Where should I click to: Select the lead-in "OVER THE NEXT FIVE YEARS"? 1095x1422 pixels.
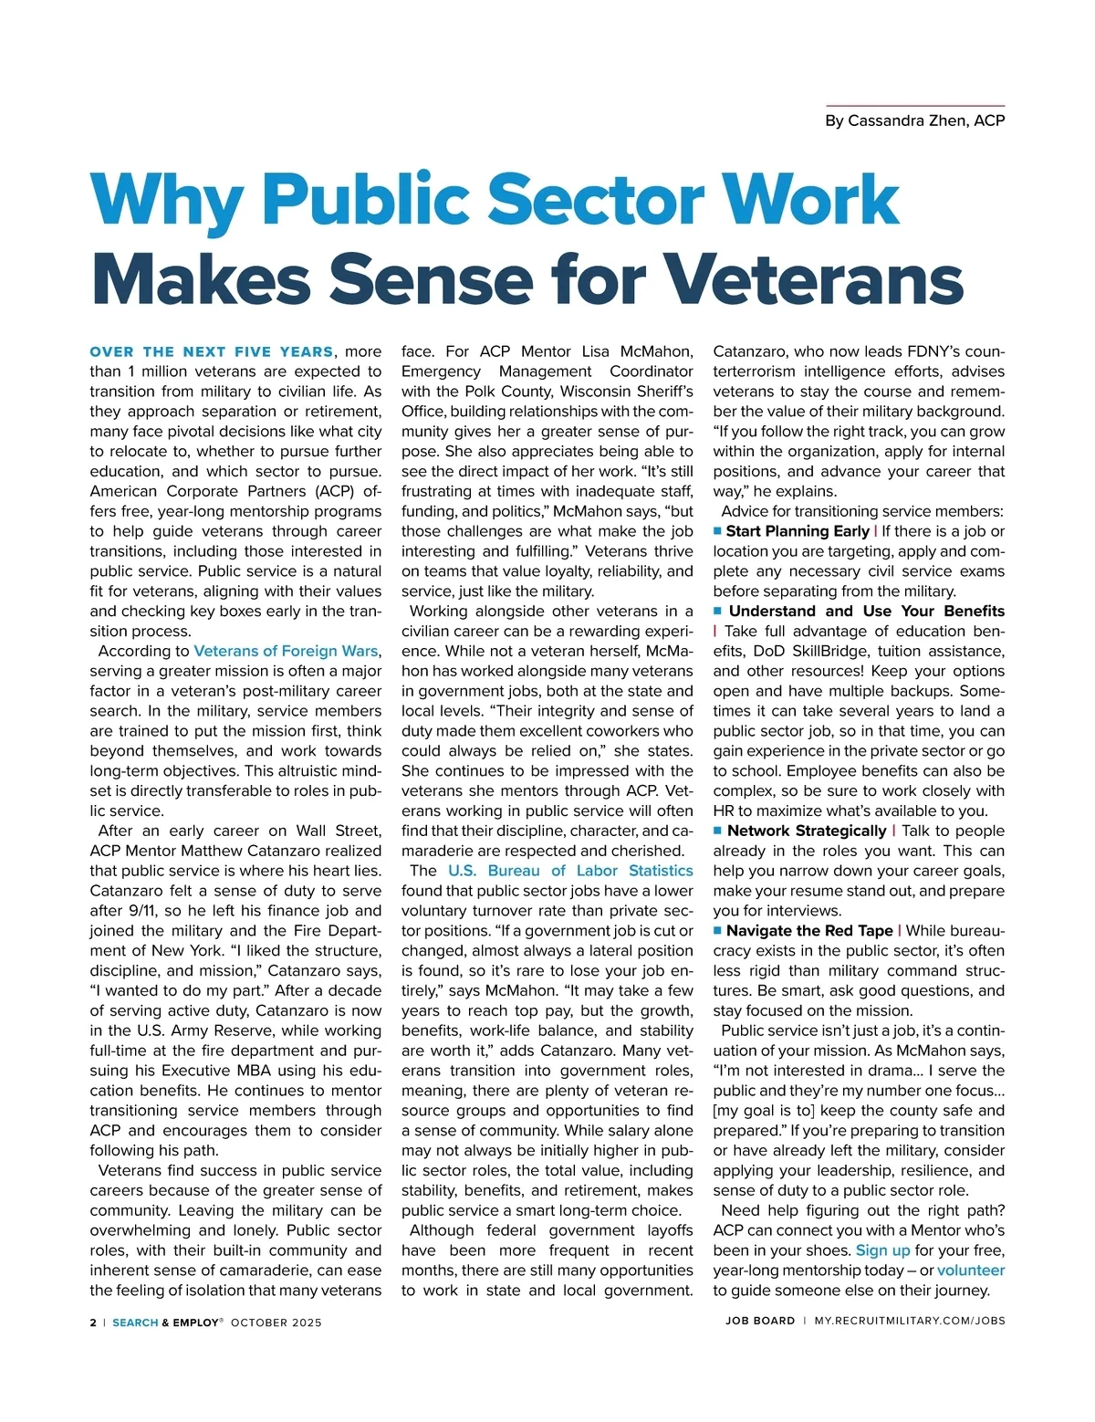tap(212, 351)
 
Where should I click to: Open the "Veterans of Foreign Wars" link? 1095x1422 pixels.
tap(286, 651)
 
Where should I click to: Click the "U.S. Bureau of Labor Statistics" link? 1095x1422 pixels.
tap(570, 871)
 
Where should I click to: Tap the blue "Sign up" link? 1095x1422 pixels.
tap(882, 1250)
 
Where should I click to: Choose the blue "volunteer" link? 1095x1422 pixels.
tap(971, 1270)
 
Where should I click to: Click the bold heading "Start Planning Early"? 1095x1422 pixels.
tap(797, 531)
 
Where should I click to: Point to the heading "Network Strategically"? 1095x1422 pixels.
tap(807, 831)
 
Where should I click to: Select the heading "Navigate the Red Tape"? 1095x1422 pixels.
tap(809, 931)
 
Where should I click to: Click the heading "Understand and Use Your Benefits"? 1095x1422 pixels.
tap(866, 612)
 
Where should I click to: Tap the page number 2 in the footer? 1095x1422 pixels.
tap(93, 1322)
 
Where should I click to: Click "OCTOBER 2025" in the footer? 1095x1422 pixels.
tap(276, 1322)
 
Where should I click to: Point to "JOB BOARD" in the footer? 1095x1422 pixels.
tap(760, 1321)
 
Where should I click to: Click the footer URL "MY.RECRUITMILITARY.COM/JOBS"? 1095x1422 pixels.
tap(910, 1321)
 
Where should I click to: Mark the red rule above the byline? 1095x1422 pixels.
tap(914, 106)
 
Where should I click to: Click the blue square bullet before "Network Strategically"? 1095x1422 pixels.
tap(718, 831)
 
